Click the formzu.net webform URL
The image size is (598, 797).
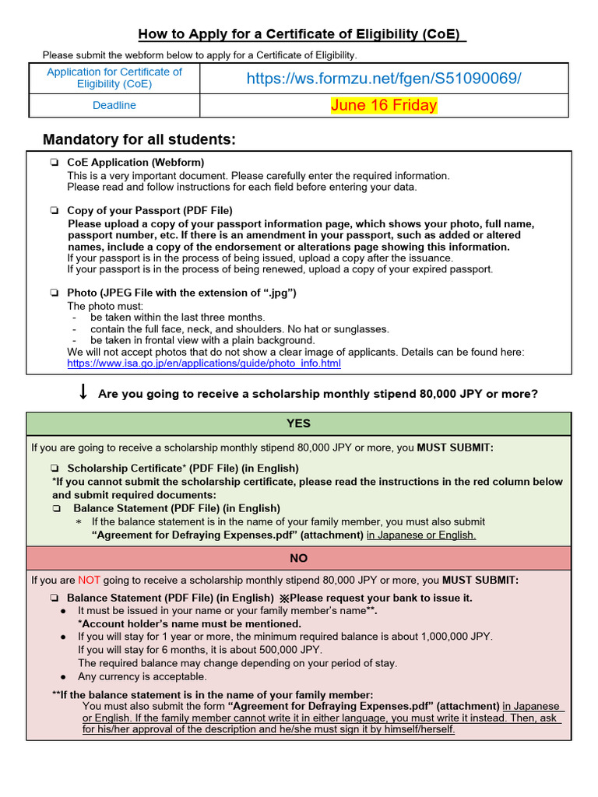click(x=384, y=79)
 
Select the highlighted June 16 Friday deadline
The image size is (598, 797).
click(x=384, y=105)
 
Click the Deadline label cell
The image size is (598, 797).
click(x=114, y=105)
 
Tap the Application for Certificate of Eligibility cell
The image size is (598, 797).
click(x=114, y=78)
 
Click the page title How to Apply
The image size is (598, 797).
click(x=302, y=34)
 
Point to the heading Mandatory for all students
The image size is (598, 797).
click(x=139, y=139)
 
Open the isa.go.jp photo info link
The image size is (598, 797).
click(x=204, y=363)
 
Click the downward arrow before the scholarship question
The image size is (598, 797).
click(x=83, y=393)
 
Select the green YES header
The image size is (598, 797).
click(x=298, y=423)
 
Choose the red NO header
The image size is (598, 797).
click(x=298, y=558)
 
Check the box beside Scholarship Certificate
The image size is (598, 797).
click(x=55, y=469)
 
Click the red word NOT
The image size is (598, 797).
click(x=88, y=580)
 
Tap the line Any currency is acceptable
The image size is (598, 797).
click(x=142, y=676)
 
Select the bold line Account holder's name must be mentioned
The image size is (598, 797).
click(x=189, y=623)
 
